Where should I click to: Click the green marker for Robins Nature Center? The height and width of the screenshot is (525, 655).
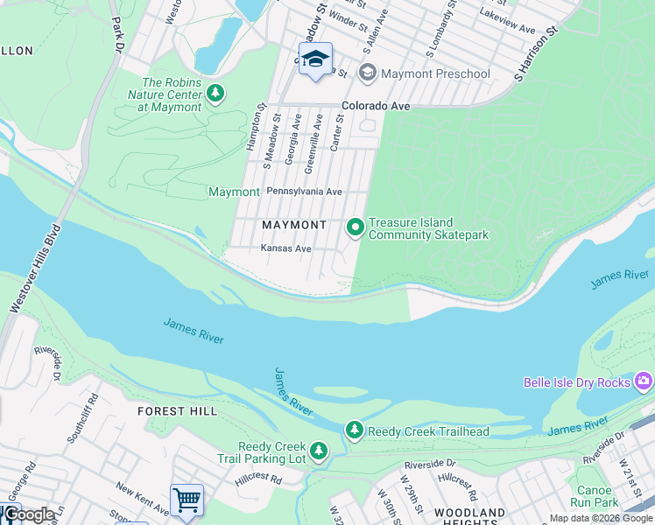click(215, 92)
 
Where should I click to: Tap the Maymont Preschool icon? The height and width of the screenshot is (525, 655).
click(368, 73)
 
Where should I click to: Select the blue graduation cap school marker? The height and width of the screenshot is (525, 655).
click(315, 59)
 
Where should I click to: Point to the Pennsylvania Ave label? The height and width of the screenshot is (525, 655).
click(304, 192)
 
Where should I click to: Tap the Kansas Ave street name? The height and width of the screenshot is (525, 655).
click(285, 248)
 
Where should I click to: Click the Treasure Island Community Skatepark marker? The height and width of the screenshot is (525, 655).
click(356, 227)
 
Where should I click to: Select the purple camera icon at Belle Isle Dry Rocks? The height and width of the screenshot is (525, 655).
click(644, 381)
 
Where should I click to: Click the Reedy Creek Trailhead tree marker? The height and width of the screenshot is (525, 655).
click(354, 430)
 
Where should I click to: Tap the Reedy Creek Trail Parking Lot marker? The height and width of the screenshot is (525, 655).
click(320, 451)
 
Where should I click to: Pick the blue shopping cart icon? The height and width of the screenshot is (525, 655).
click(187, 500)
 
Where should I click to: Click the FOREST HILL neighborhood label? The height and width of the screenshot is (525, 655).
click(173, 410)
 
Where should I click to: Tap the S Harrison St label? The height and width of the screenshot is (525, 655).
click(537, 54)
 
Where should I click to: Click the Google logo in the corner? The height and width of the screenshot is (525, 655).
click(28, 514)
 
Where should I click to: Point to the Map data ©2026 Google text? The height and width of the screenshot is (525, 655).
click(601, 518)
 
